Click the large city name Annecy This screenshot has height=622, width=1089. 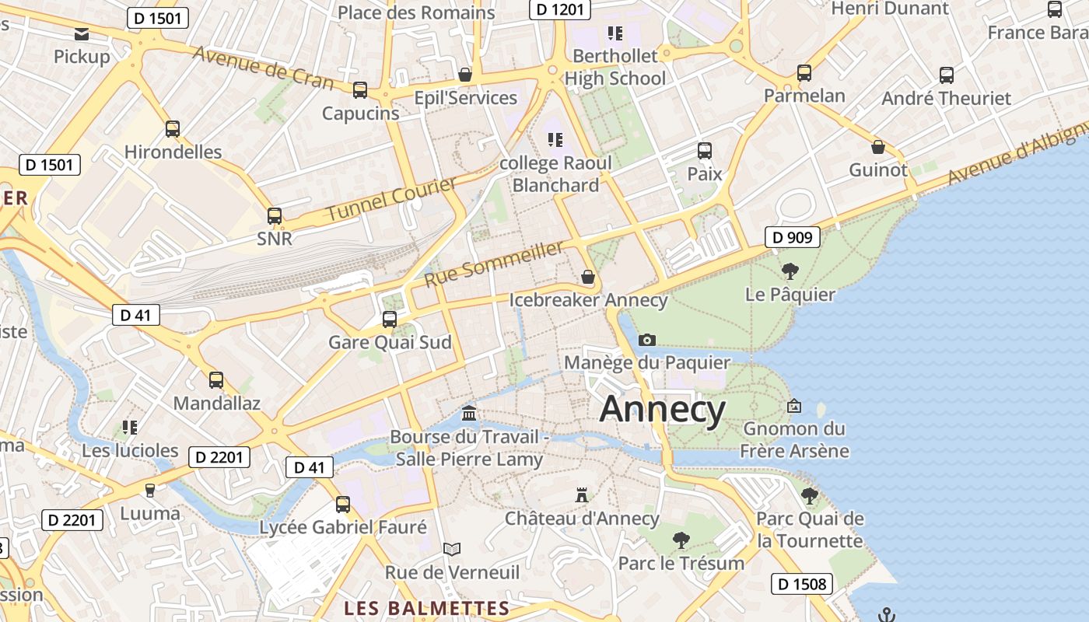(662, 409)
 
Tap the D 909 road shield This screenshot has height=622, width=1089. (793, 237)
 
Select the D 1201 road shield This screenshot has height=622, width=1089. (559, 9)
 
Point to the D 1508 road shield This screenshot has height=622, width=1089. (802, 584)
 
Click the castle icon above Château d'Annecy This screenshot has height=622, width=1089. (581, 494)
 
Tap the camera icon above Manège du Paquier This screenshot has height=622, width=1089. (646, 340)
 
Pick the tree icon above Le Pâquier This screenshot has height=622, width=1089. (790, 271)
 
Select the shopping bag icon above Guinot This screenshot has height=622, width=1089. (878, 147)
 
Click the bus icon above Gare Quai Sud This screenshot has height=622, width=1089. (390, 319)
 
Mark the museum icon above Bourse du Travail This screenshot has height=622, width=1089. (469, 413)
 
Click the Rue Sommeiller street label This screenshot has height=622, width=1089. (494, 264)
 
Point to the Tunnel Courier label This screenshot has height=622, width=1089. (391, 199)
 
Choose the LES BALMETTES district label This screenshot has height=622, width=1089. (427, 608)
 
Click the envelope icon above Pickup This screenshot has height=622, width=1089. (82, 33)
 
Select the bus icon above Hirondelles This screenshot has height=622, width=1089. (173, 128)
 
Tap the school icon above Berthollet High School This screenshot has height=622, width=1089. (615, 33)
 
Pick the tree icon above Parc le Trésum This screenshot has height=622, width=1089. (681, 539)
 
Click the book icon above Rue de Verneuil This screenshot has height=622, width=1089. (452, 550)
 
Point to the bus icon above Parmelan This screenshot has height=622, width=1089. (804, 73)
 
